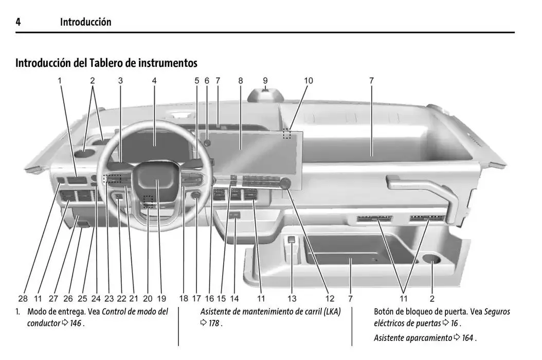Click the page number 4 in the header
click(18, 22)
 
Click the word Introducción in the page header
click(85, 22)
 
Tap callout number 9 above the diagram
click(265, 81)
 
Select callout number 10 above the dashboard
click(308, 81)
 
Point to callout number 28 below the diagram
click(23, 298)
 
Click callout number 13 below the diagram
click(292, 298)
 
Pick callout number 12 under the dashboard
click(330, 298)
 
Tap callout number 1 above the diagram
click(60, 81)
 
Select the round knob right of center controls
click(285, 184)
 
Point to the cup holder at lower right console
click(431, 260)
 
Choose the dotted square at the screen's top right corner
click(286, 134)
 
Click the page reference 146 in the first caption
click(76, 324)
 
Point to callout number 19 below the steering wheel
click(161, 298)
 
